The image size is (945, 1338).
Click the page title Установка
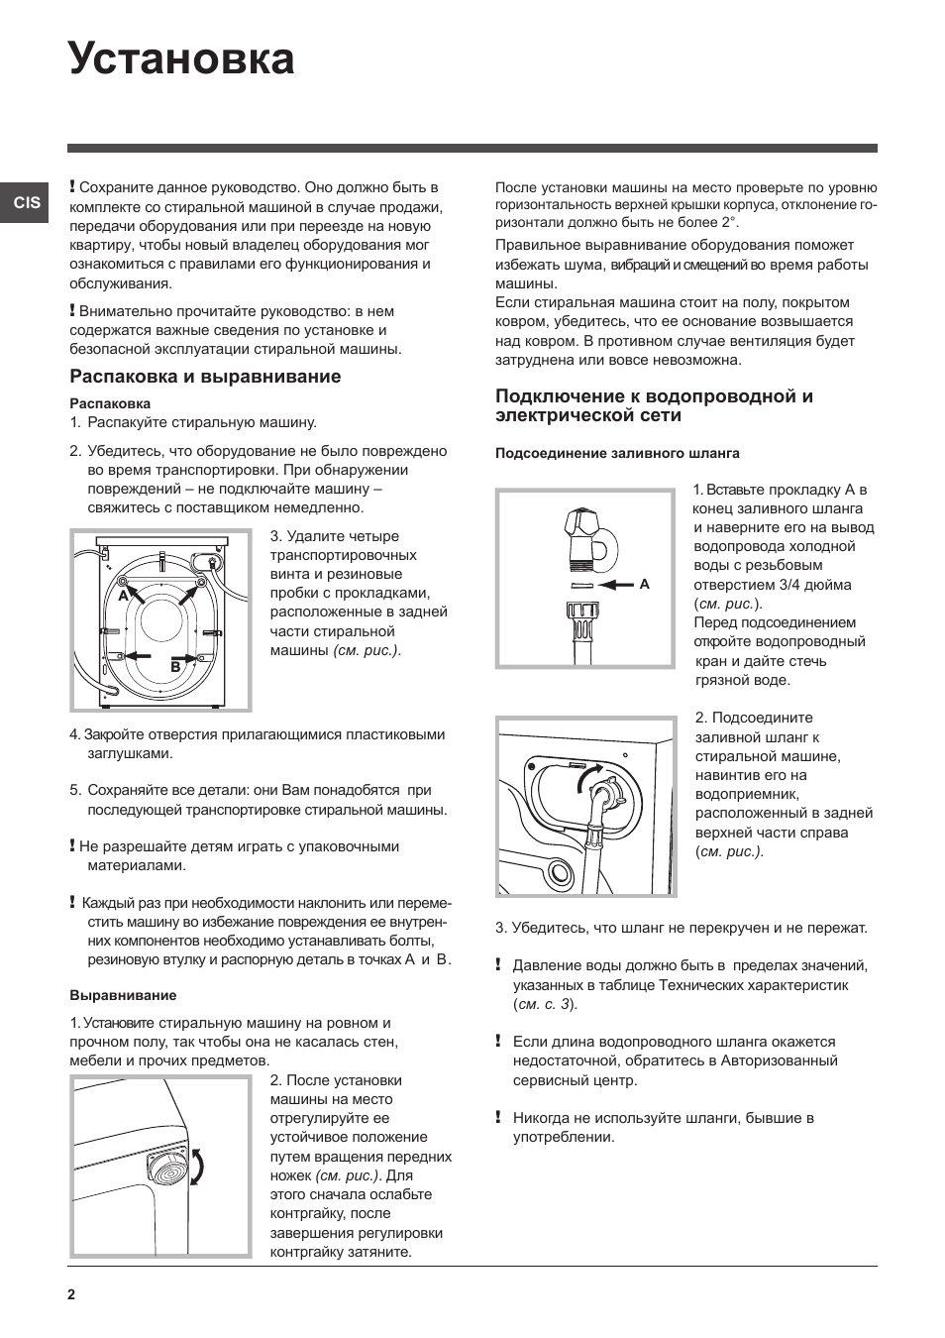pos(182,59)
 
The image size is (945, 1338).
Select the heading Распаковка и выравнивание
pos(205,377)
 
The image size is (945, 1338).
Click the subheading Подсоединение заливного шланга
pos(617,453)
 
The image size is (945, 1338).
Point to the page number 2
pos(71,1294)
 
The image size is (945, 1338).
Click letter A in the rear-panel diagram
pos(124,597)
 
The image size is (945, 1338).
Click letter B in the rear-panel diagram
pos(175,667)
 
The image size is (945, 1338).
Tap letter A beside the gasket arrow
pos(644,585)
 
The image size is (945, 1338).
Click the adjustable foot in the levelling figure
pos(168,1168)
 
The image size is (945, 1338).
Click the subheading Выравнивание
pos(123,995)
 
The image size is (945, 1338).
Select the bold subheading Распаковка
pos(110,403)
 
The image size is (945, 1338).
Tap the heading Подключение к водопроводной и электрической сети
pos(654,405)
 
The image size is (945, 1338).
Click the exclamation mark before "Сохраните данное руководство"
pos(72,186)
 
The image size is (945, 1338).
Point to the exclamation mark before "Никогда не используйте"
pos(498,1117)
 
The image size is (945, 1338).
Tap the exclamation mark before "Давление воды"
pos(498,964)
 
